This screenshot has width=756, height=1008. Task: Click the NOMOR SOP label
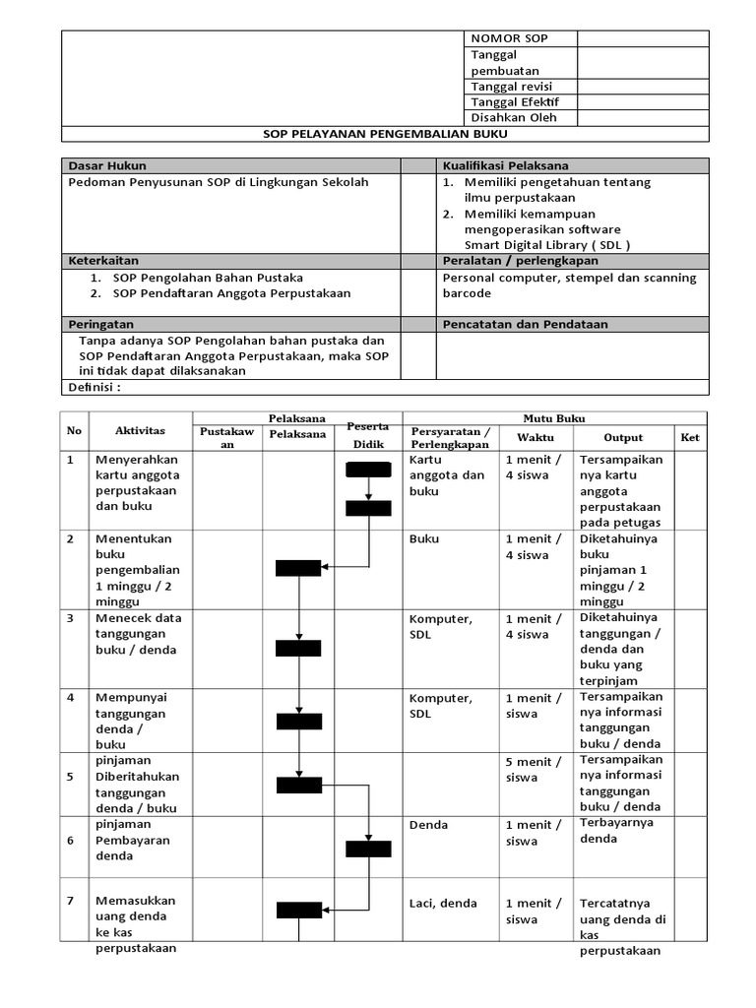coord(509,38)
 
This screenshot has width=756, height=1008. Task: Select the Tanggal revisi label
coord(512,87)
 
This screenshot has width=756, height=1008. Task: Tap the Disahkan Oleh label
coord(514,118)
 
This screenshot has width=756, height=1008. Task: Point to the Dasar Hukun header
coord(106,165)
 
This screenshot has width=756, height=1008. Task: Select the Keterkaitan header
coord(102,261)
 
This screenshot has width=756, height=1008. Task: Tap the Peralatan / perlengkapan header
coord(521,261)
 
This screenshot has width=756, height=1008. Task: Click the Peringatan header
coord(100,324)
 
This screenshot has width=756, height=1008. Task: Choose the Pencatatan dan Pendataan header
coord(525,324)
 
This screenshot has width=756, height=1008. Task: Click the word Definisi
coord(94,387)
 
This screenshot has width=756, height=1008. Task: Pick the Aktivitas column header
coord(140,431)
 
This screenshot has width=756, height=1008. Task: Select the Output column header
coord(623,437)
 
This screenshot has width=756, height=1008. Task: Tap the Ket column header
coord(690,437)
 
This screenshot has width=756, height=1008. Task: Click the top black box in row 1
coord(368,469)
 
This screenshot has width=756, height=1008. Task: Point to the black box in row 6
coord(368,849)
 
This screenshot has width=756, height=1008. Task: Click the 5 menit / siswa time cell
coord(534,770)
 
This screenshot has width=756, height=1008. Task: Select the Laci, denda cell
coord(443,904)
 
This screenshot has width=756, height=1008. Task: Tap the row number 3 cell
coord(71,618)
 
